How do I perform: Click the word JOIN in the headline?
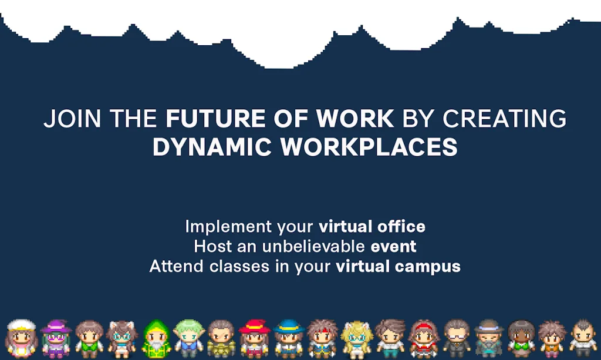point(72,119)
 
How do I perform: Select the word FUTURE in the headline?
point(216,119)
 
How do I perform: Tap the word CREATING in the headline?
point(504,119)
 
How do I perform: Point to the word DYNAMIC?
point(212,147)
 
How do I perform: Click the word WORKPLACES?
point(369,147)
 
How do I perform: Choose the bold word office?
point(401,226)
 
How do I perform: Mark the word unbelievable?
point(313,246)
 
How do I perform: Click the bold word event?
point(393,247)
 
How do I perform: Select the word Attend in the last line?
point(176,266)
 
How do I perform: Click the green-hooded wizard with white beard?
point(156,339)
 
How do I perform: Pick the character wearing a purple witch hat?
point(56,339)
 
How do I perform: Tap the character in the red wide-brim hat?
point(254,339)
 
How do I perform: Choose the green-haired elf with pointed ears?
point(188,339)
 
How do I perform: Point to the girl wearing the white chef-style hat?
point(22,339)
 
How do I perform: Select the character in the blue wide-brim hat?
point(289,339)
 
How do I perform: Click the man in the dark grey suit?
point(457,339)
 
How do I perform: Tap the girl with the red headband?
point(424,339)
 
